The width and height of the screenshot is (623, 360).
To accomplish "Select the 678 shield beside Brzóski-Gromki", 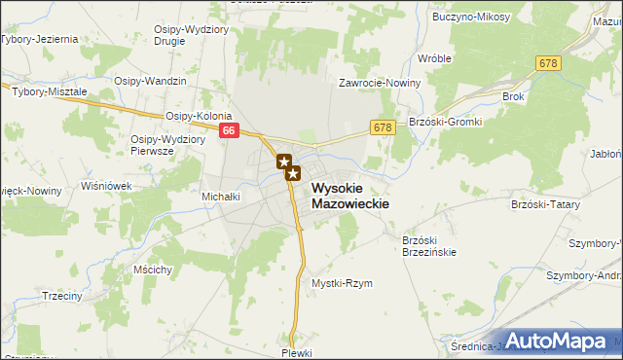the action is point(382,126).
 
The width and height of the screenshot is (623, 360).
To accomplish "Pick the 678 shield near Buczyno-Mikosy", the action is point(548,62).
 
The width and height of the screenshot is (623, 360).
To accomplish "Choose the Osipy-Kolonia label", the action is point(199,115).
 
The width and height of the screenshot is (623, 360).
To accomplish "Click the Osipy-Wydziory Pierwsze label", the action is point(165,144).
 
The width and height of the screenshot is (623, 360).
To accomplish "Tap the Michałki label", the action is point(221,196).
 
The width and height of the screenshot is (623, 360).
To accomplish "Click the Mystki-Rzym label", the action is point(342,283).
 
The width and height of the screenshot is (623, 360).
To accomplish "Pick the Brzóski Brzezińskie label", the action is point(429,245).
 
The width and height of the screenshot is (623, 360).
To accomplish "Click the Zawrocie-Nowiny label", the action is point(379,83).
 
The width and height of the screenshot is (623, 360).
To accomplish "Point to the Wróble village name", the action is point(434,58).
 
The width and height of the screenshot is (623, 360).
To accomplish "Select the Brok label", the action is point(513,97).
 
